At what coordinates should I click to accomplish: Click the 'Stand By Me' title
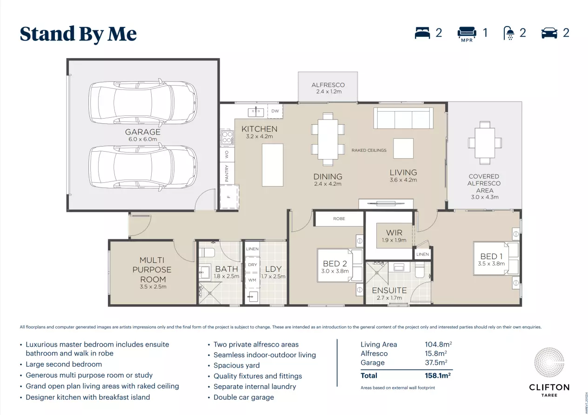78,34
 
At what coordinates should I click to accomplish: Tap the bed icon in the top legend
422,33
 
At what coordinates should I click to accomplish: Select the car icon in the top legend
549,33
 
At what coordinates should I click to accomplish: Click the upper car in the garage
143,103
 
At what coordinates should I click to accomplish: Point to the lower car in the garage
143,167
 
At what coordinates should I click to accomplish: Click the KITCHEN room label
259,129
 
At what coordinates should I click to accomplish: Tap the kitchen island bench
273,165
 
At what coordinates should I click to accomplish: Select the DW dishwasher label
275,111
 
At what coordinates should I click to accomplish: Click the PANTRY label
227,173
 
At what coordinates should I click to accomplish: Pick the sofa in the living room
402,118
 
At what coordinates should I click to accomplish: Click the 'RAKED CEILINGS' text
369,150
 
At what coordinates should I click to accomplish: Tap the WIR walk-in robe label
394,233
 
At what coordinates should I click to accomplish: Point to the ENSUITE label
389,290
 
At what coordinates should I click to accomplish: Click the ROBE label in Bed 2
339,219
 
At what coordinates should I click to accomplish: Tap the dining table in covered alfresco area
485,143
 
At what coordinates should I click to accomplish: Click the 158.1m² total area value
438,375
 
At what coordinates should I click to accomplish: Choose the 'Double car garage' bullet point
243,397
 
